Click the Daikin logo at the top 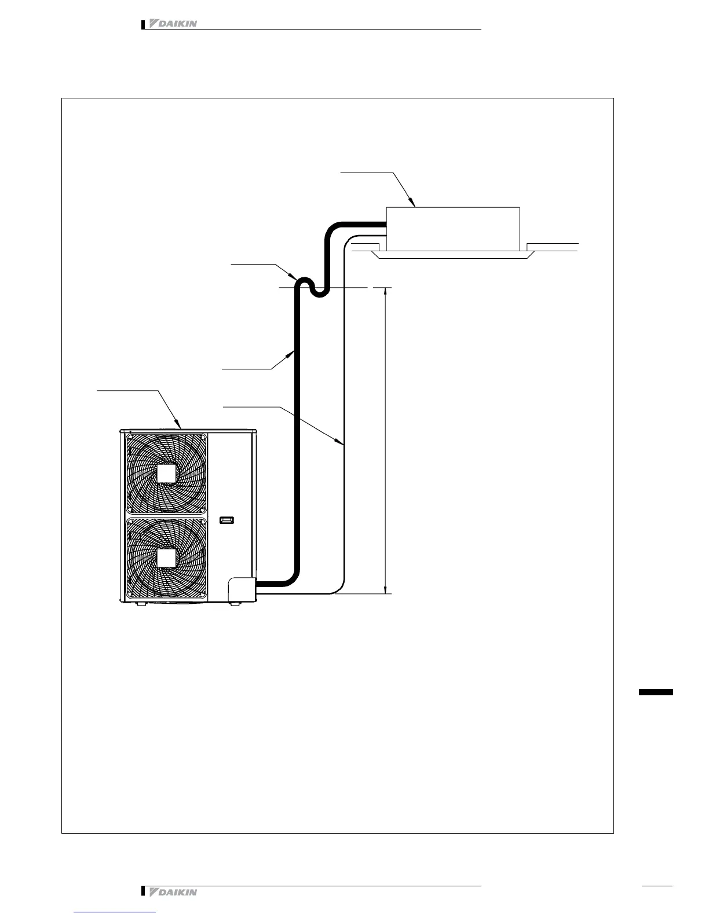(x=173, y=24)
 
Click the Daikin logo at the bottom (x=173, y=892)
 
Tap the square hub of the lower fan (x=166, y=557)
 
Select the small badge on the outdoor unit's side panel (x=227, y=520)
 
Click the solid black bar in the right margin (x=656, y=692)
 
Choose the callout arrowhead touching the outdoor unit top (x=180, y=426)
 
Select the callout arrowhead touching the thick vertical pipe (x=292, y=352)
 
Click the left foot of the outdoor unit (x=141, y=604)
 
